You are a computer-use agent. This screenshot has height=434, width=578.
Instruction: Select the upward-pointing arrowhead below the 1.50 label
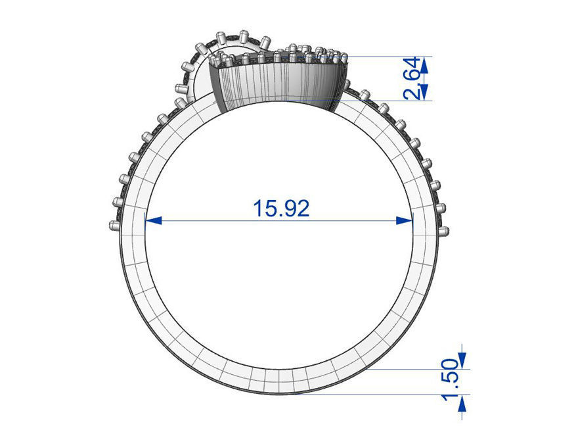(x=462, y=402)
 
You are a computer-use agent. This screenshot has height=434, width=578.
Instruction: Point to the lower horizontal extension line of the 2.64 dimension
(x=388, y=100)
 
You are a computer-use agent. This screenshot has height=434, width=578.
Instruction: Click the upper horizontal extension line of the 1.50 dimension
(x=420, y=369)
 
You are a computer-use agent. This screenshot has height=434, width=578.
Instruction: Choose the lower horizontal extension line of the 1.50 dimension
(x=394, y=395)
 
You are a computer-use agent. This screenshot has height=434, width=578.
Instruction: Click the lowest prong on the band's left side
(x=114, y=226)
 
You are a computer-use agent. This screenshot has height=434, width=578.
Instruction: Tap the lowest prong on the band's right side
(x=445, y=231)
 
